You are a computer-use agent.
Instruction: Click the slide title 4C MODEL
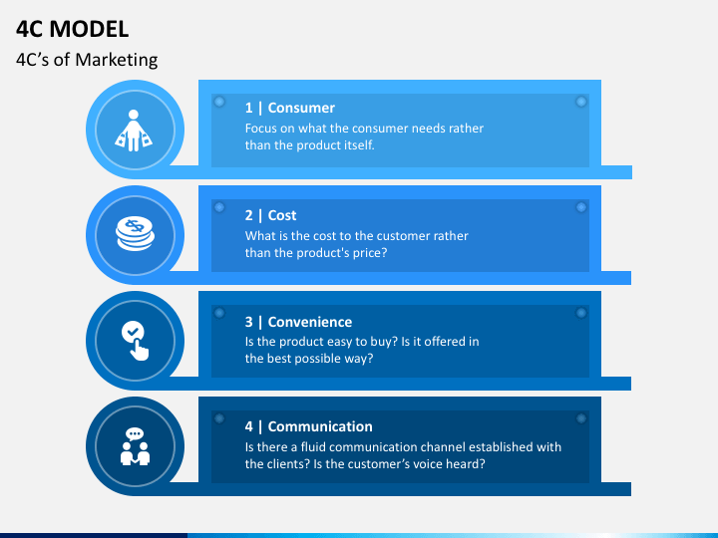pos(72,29)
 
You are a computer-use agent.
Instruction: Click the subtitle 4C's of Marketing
pos(87,60)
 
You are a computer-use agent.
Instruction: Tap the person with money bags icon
pos(135,130)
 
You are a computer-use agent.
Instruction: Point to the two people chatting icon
pos(135,445)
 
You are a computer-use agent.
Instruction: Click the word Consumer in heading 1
pos(301,108)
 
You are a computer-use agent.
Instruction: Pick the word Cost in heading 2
pos(282,215)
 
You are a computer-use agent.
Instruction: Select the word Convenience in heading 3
pos(310,322)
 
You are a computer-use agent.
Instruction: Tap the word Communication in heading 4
pos(320,426)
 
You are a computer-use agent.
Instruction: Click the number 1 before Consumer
pos(249,108)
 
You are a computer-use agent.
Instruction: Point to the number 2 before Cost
pos(249,215)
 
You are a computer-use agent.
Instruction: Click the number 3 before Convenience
pos(249,322)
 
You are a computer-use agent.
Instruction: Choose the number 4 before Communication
pos(249,426)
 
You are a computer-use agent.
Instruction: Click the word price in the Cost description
pos(365,252)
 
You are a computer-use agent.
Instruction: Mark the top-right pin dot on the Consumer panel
pos(580,102)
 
